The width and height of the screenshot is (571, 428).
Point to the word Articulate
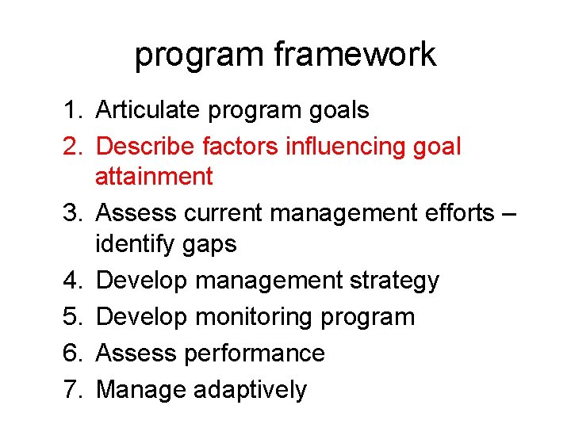148,110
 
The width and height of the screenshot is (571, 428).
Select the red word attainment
154,176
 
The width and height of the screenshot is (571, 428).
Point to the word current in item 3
224,213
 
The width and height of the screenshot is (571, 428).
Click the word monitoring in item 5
254,318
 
